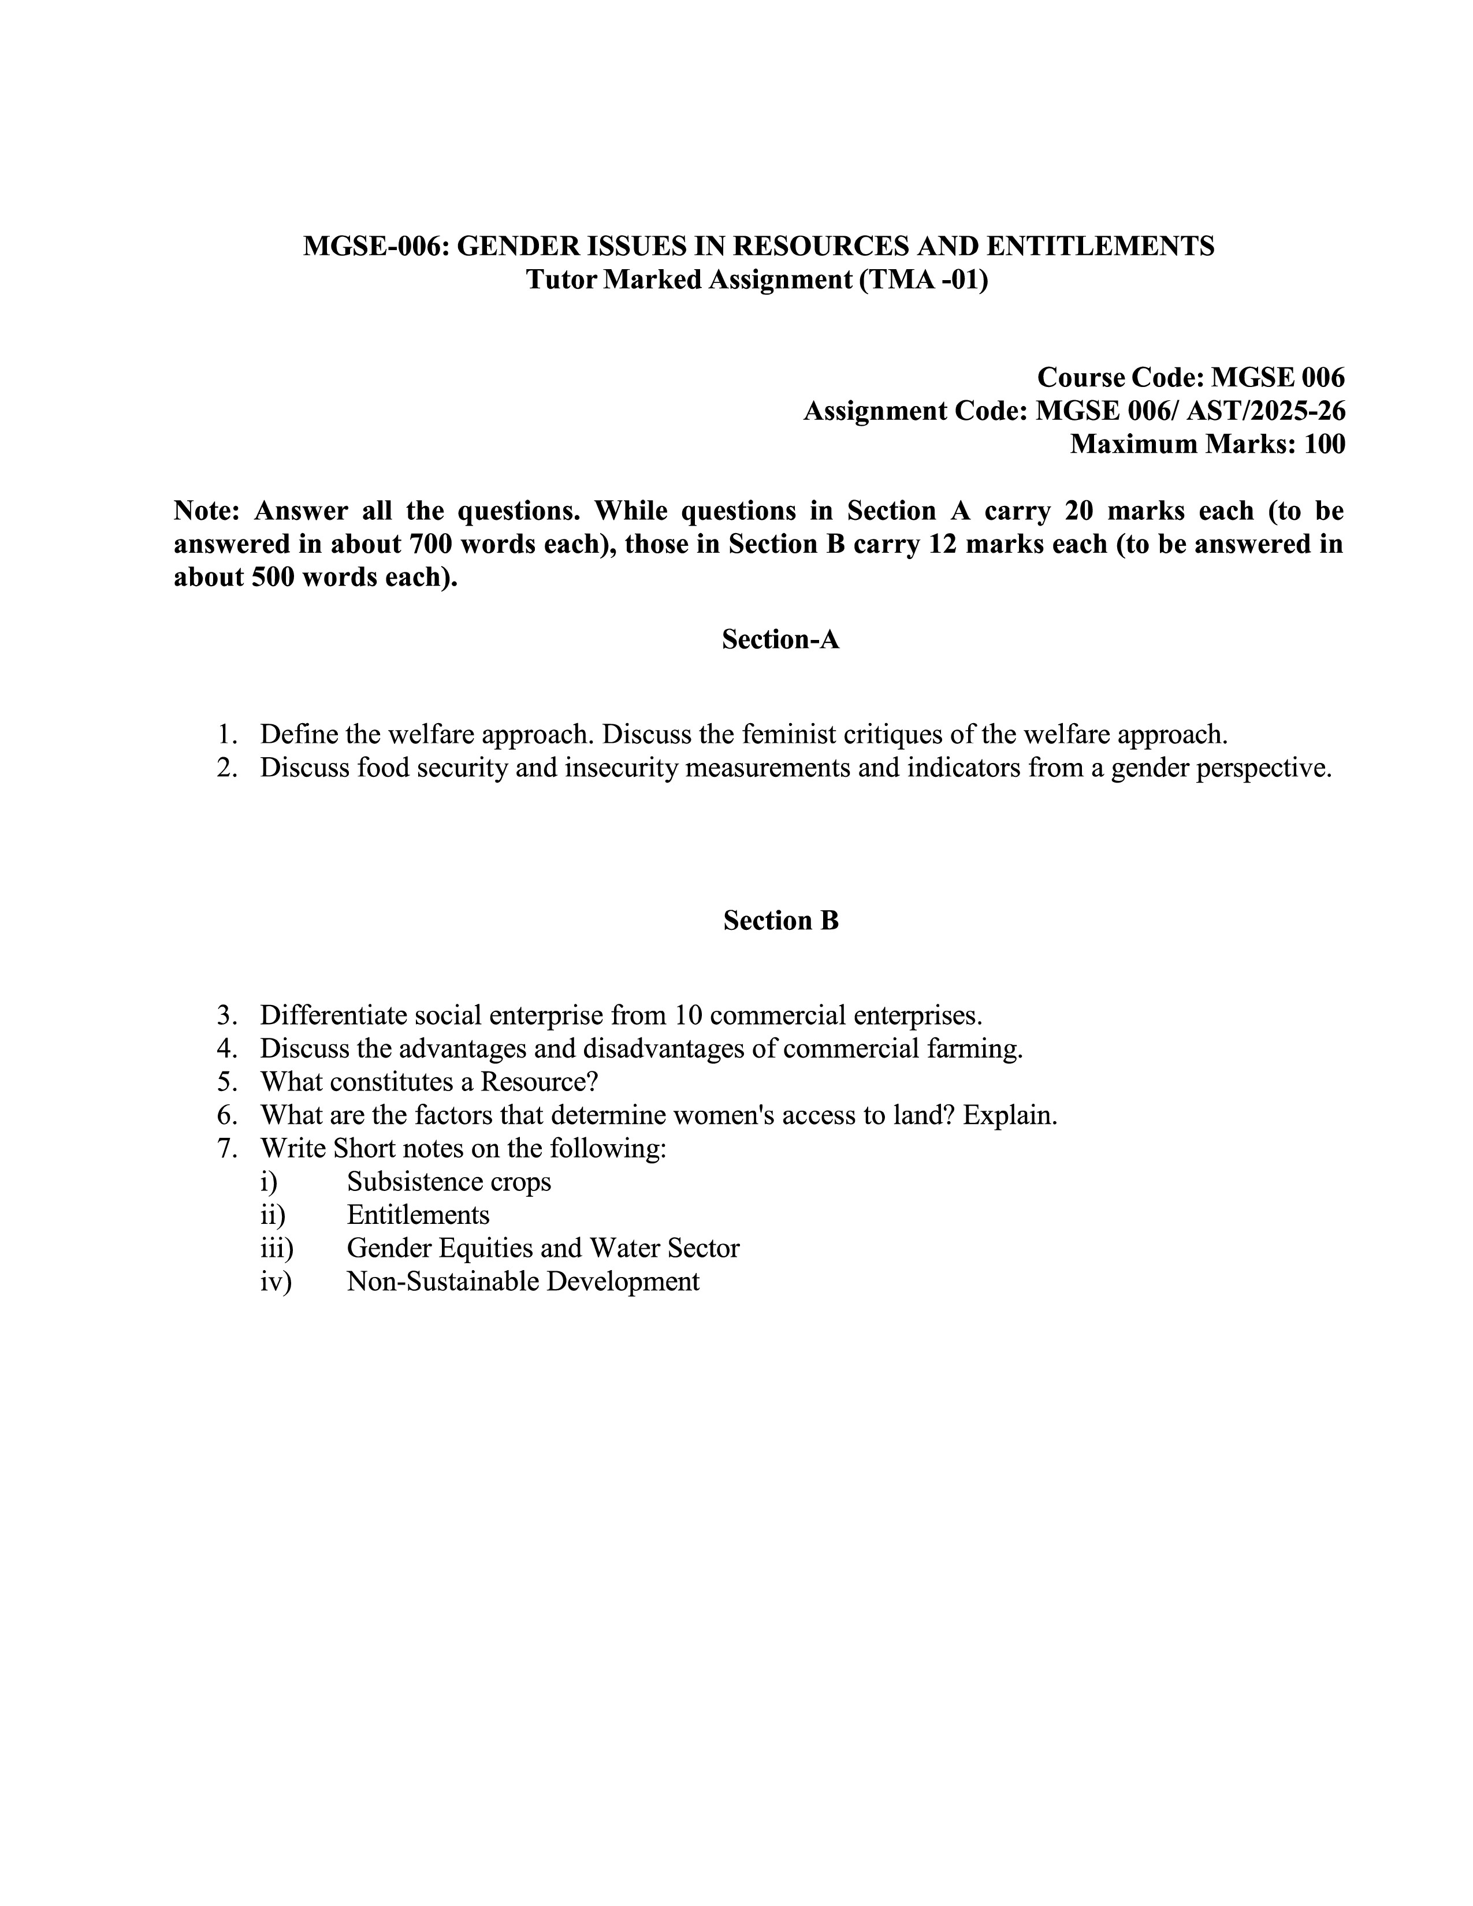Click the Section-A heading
pyautogui.click(x=780, y=640)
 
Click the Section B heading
pyautogui.click(x=780, y=921)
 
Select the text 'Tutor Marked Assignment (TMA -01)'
pyautogui.click(x=757, y=280)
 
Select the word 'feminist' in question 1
pyautogui.click(x=790, y=735)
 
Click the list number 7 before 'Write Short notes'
pyautogui.click(x=227, y=1148)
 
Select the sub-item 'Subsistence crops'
pyautogui.click(x=448, y=1182)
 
